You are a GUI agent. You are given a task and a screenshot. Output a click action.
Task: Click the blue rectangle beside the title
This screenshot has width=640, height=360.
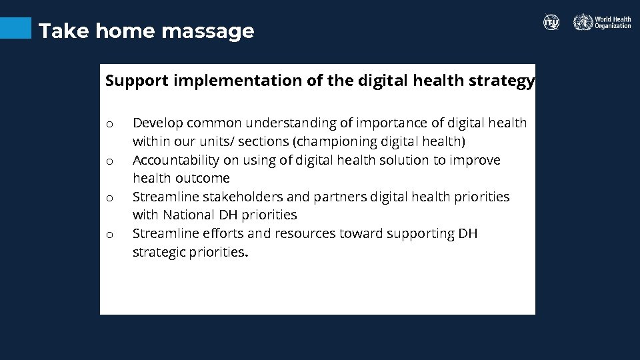(x=15, y=28)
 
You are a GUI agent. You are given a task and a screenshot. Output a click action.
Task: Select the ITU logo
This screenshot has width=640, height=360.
(x=551, y=22)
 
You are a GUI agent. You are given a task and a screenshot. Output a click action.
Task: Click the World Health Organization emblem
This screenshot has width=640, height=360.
(x=583, y=22)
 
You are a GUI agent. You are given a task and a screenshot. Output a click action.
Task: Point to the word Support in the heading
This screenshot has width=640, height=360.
(x=137, y=81)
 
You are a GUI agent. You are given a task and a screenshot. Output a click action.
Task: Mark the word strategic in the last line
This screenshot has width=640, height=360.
(x=159, y=252)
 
